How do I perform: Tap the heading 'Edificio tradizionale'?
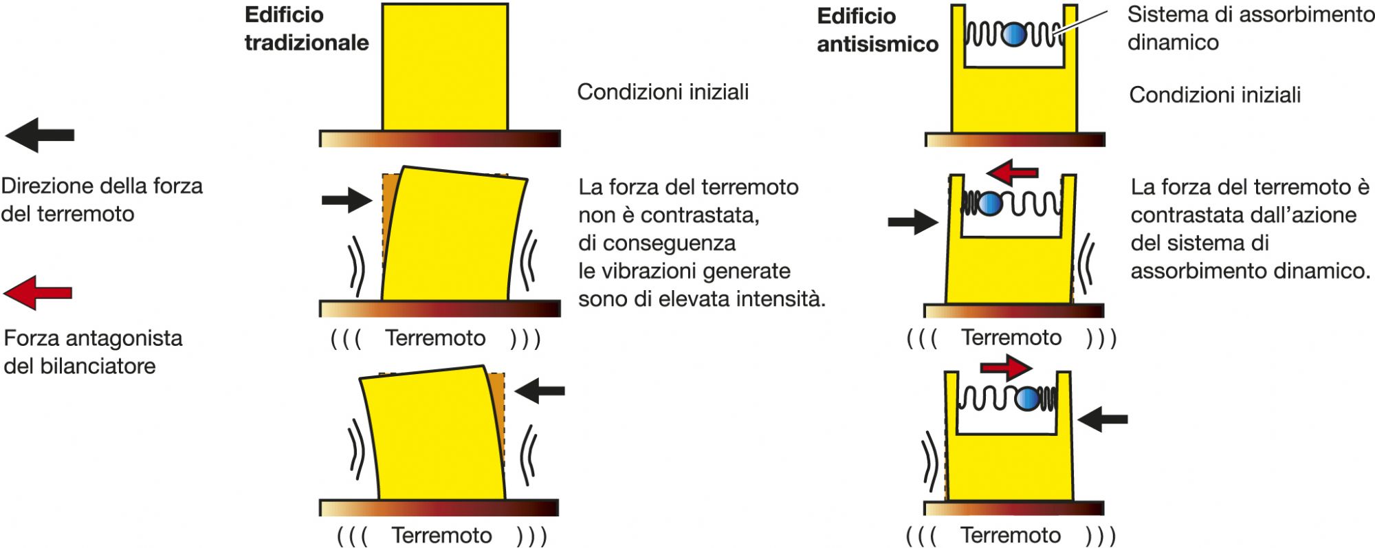tap(307, 29)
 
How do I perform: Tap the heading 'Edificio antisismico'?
tap(877, 30)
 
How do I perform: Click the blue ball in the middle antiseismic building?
tap(989, 204)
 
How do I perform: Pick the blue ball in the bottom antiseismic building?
tap(1028, 399)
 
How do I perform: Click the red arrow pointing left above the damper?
tap(1011, 171)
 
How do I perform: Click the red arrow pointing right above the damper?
tap(1006, 367)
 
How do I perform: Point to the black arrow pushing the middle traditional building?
tap(346, 200)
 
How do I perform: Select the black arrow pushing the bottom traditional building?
tap(540, 391)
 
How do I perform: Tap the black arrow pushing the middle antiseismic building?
tap(913, 221)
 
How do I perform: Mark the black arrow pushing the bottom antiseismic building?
tap(1103, 418)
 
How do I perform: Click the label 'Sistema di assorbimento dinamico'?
tap(1250, 28)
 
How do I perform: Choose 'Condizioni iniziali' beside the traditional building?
tap(663, 92)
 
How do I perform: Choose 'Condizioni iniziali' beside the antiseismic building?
tap(1215, 95)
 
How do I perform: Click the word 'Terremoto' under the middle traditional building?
tap(435, 338)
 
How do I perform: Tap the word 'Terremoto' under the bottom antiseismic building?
tap(1011, 535)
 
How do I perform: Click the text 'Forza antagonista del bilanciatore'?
tap(93, 352)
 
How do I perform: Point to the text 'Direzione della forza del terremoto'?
tap(102, 200)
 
